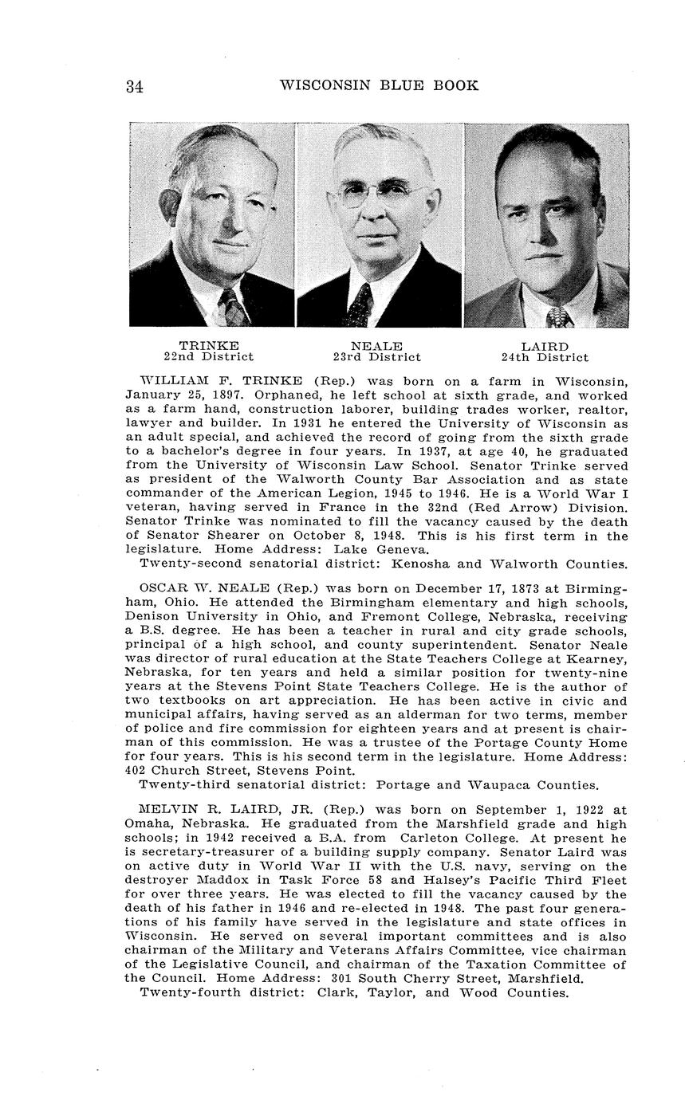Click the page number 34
click(134, 87)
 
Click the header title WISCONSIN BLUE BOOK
click(379, 85)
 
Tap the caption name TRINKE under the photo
click(209, 346)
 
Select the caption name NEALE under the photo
click(376, 346)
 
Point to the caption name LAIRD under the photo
click(545, 346)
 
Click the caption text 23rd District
click(376, 357)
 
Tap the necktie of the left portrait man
click(232, 308)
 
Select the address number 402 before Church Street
click(137, 771)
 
